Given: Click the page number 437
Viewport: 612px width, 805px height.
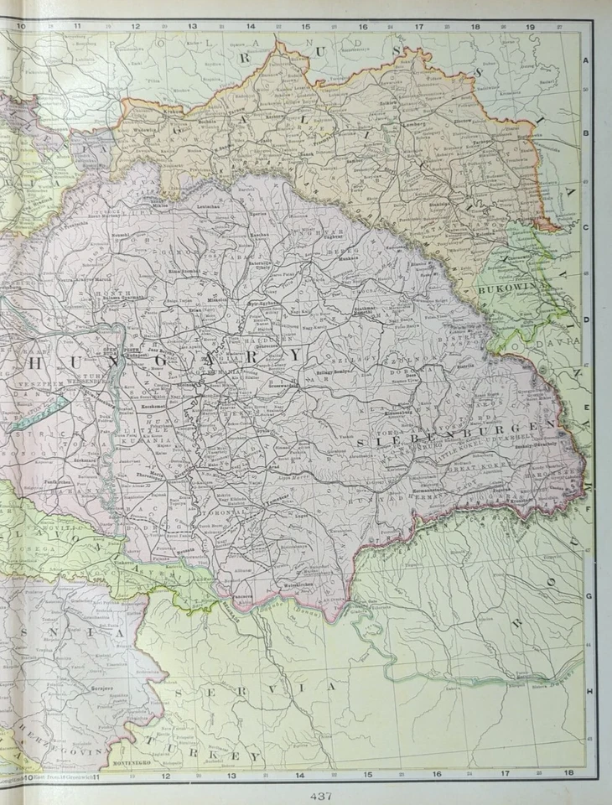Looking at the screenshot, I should click(320, 796).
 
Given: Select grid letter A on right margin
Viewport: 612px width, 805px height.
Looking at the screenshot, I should click(587, 60).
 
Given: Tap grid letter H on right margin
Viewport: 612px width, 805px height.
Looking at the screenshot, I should click(589, 690).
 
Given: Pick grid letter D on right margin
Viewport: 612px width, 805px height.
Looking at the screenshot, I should click(587, 319).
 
